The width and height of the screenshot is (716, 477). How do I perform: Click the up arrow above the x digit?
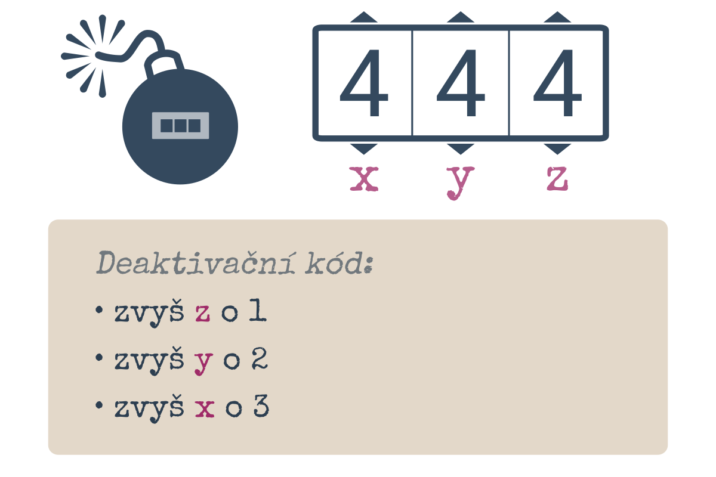click(x=364, y=17)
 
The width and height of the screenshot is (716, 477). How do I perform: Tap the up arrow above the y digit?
click(x=460, y=17)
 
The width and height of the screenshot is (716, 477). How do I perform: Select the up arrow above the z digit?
click(x=557, y=17)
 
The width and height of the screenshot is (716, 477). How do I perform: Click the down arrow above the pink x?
click(x=364, y=149)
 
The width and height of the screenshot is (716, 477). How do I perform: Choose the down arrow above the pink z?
click(x=557, y=149)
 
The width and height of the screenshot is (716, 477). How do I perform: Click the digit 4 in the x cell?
click(x=364, y=83)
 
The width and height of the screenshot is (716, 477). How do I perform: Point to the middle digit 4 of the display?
click(x=461, y=83)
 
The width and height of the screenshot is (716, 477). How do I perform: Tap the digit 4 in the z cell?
click(x=557, y=83)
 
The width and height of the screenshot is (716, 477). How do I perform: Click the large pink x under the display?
click(x=364, y=179)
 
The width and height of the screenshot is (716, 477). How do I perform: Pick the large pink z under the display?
click(x=557, y=179)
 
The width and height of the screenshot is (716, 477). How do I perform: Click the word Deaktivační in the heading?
click(x=196, y=262)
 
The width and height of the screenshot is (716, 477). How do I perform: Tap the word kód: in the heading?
click(x=339, y=262)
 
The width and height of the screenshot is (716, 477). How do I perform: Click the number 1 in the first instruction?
click(x=258, y=309)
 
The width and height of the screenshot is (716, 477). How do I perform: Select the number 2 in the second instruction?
click(x=260, y=358)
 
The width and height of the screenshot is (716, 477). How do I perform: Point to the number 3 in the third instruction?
click(x=261, y=406)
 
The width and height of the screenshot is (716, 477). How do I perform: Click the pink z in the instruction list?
click(x=203, y=313)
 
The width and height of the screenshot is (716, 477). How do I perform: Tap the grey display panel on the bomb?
click(x=180, y=126)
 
